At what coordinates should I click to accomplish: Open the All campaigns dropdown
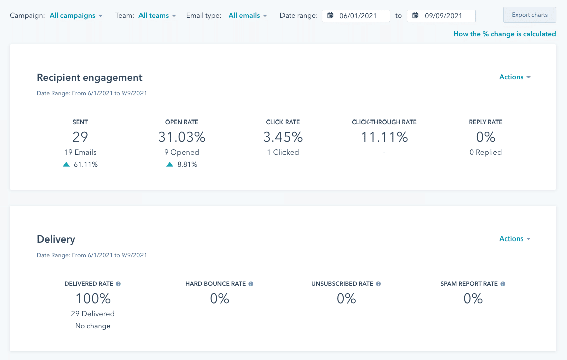pyautogui.click(x=76, y=16)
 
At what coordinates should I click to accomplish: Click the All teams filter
pyautogui.click(x=157, y=16)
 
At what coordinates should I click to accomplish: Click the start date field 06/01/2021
pyautogui.click(x=356, y=16)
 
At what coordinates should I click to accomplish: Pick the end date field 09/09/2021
pyautogui.click(x=442, y=16)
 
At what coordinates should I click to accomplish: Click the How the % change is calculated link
pyautogui.click(x=504, y=34)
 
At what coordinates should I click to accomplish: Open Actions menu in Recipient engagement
pyautogui.click(x=515, y=77)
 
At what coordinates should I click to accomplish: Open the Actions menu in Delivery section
pyautogui.click(x=515, y=239)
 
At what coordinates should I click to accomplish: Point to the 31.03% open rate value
pyautogui.click(x=182, y=137)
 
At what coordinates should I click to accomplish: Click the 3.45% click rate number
pyautogui.click(x=283, y=137)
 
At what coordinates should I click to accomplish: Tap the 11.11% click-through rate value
pyautogui.click(x=384, y=137)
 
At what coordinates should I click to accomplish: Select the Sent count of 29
pyautogui.click(x=80, y=137)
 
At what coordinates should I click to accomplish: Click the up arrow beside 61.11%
pyautogui.click(x=66, y=164)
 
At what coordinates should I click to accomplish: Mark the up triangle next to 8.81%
pyautogui.click(x=170, y=164)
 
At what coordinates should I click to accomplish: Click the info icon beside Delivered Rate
pyautogui.click(x=118, y=284)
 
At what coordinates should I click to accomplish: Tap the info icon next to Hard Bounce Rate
pyautogui.click(x=251, y=284)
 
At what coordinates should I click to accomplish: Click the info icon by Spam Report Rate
pyautogui.click(x=503, y=284)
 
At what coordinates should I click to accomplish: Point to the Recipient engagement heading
pyautogui.click(x=89, y=78)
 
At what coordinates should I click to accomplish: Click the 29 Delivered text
pyautogui.click(x=93, y=314)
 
